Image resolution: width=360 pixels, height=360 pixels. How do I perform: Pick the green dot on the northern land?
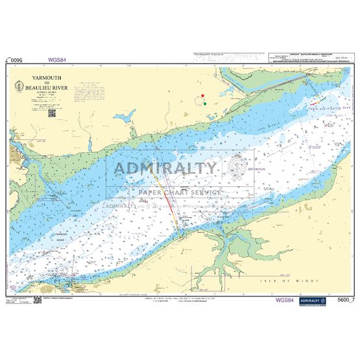coord(205,102)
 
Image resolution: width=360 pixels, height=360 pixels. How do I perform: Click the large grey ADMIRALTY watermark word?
coord(166,169)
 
